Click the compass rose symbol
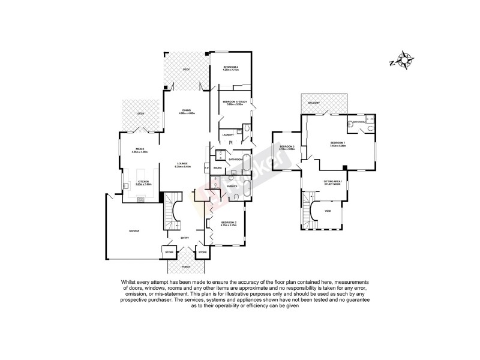pyautogui.click(x=405, y=60)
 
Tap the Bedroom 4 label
pyautogui.click(x=231, y=66)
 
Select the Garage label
pyautogui.click(x=134, y=230)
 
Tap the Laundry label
pyautogui.click(x=228, y=134)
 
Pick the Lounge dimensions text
pyautogui.click(x=182, y=167)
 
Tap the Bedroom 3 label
pyautogui.click(x=287, y=146)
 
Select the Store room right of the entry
pyautogui.click(x=202, y=253)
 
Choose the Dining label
pyautogui.click(x=187, y=110)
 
